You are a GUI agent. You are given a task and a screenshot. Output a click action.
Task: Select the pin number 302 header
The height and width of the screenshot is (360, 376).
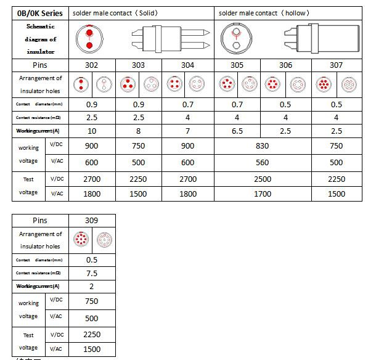pos(91,65)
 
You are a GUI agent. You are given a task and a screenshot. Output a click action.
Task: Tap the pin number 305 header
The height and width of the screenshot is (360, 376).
pos(237,65)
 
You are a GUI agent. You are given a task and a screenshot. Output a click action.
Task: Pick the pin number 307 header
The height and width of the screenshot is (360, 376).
pos(337,65)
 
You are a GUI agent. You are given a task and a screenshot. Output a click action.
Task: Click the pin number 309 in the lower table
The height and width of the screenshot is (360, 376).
pos(91,220)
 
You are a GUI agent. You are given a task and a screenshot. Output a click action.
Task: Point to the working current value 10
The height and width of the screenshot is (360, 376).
pos(91,131)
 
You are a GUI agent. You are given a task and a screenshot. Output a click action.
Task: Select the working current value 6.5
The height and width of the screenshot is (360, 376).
pos(237,131)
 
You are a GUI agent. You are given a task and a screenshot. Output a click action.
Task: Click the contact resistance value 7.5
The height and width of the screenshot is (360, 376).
pos(91,273)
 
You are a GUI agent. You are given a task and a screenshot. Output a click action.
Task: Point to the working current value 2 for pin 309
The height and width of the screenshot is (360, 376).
pos(91,286)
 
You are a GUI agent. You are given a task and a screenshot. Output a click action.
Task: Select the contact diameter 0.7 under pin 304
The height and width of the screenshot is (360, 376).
pos(188,104)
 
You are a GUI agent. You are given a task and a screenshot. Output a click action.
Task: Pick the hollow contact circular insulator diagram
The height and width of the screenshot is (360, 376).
pos(235,38)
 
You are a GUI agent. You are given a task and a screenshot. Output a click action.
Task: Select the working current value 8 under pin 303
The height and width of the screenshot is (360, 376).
pos(139,131)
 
